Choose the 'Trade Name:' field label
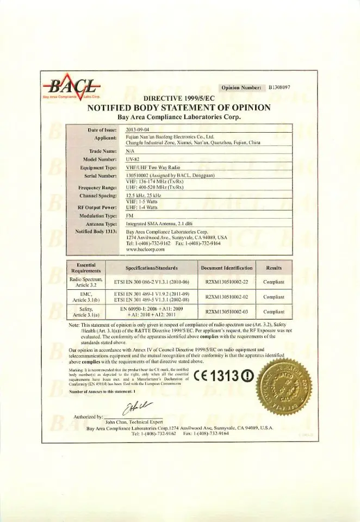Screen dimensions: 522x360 tap(103, 151)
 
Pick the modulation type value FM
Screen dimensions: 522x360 tap(130, 215)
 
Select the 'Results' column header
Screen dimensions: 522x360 tap(274, 268)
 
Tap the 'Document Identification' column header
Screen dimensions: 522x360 tap(226, 268)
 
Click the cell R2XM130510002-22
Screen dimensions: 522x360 tap(226, 282)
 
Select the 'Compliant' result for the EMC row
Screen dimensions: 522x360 tap(274, 297)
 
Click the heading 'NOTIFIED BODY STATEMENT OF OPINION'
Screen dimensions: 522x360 tap(179, 108)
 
